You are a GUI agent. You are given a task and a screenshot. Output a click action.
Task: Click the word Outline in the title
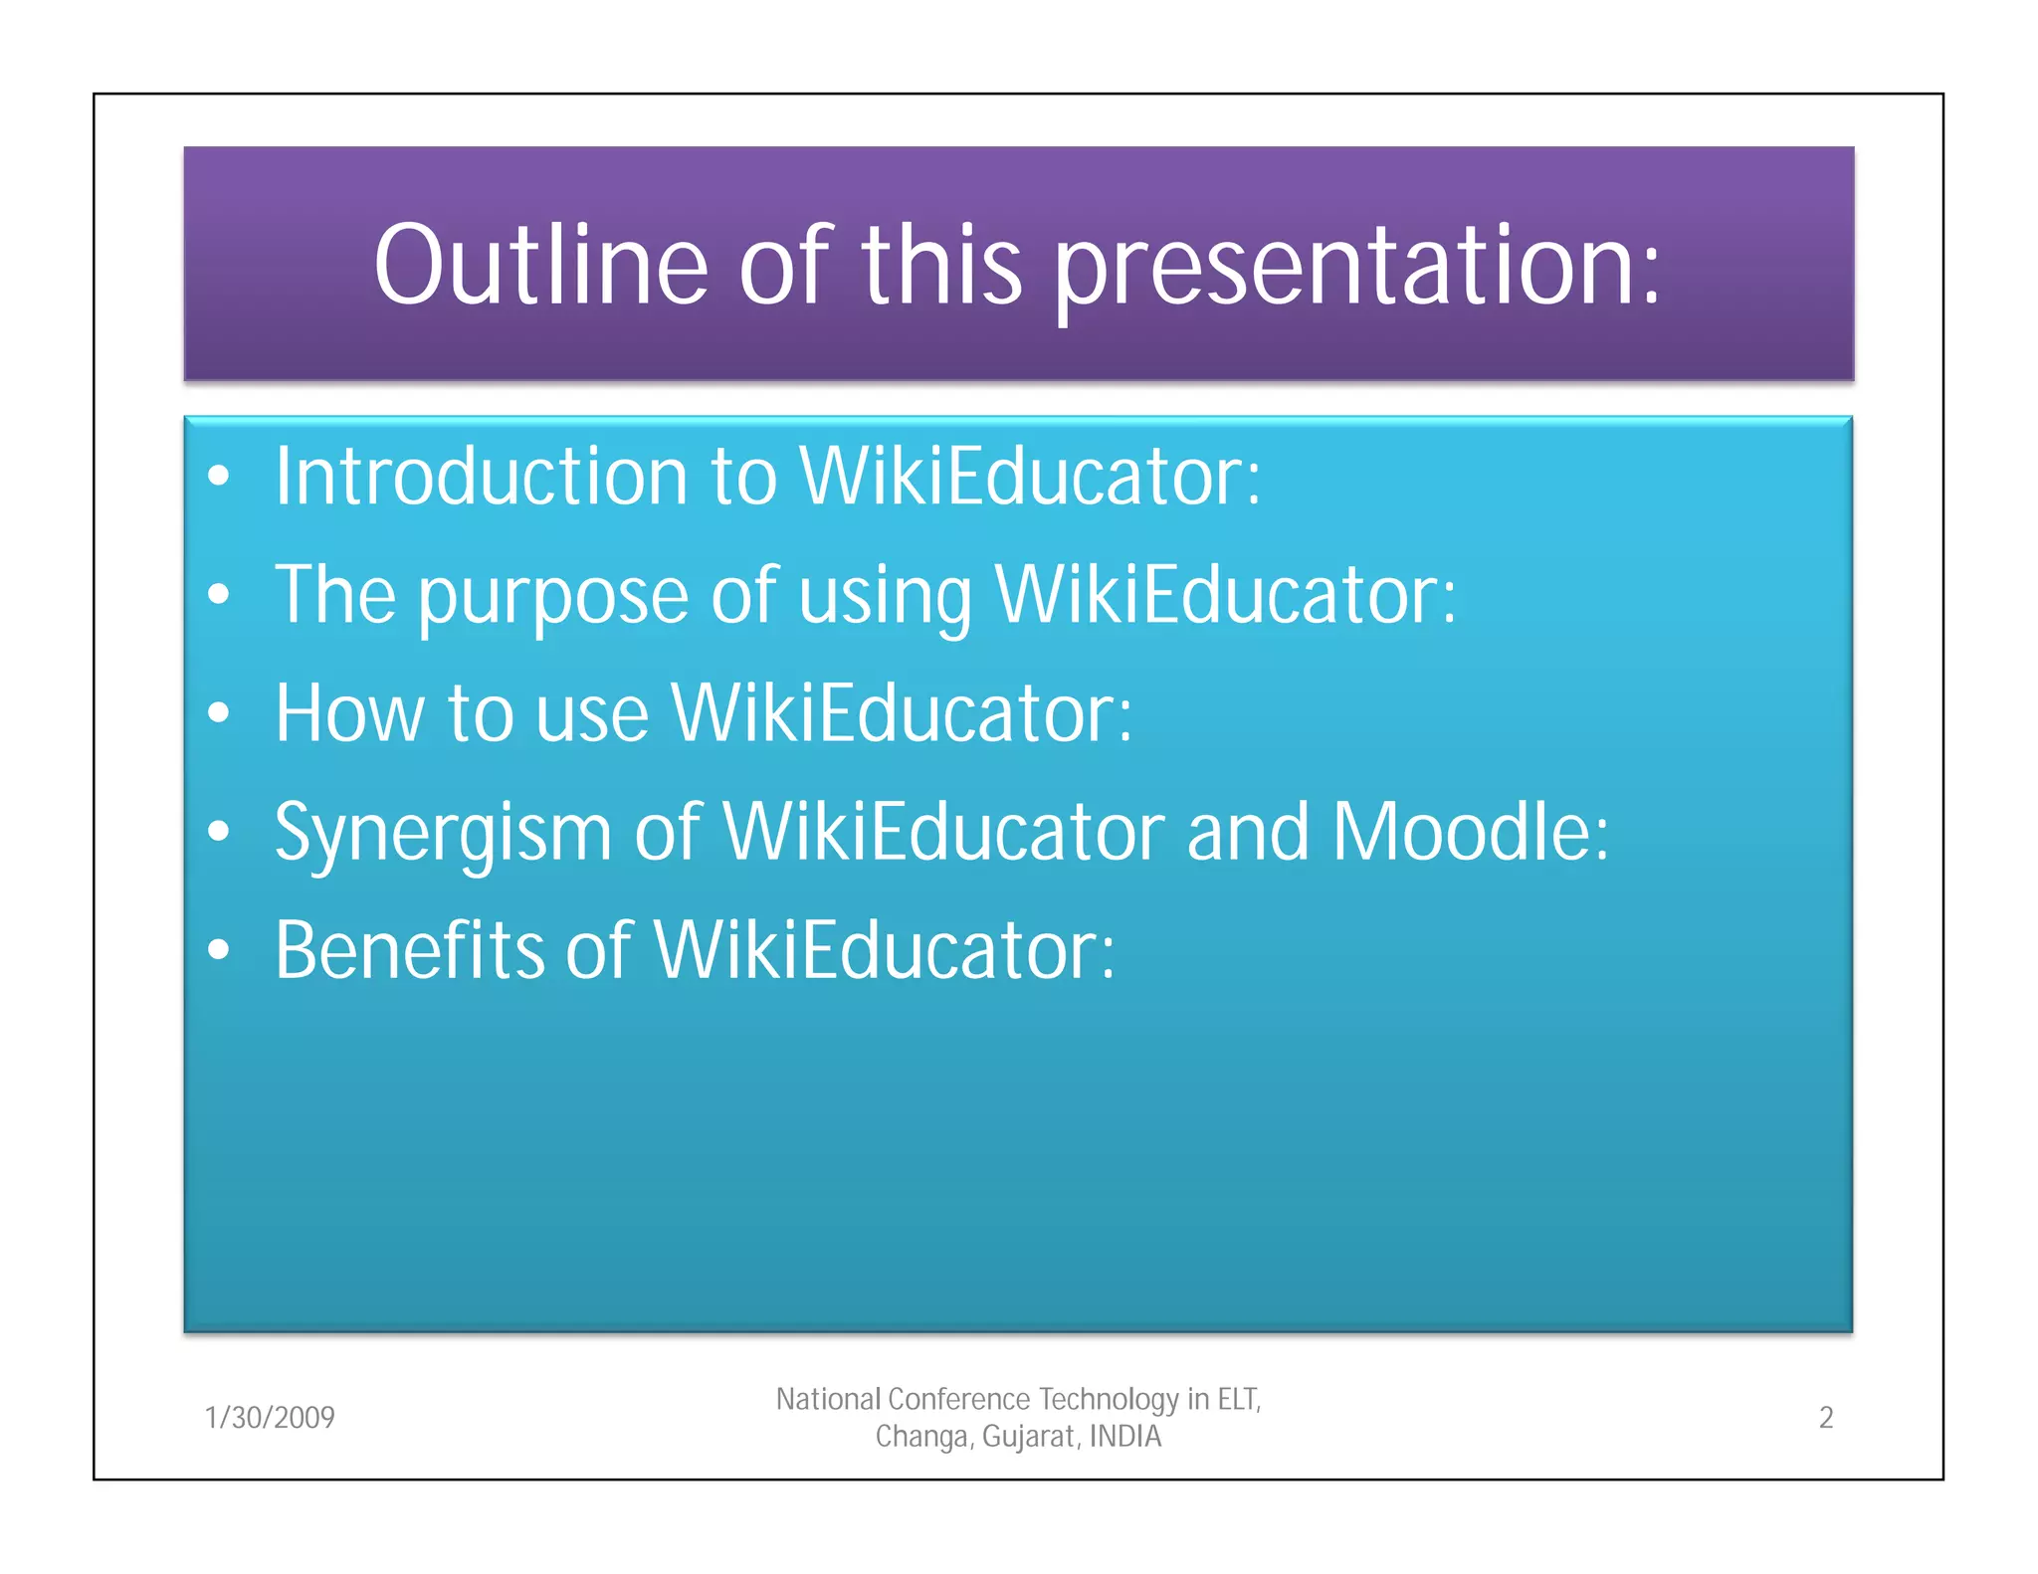[x=540, y=266]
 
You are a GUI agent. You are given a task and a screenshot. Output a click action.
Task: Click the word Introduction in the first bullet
[x=481, y=477]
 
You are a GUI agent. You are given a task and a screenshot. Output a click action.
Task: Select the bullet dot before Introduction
[x=219, y=477]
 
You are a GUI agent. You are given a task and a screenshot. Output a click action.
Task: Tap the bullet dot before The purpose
[x=219, y=595]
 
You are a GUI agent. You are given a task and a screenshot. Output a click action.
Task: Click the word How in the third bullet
[x=349, y=713]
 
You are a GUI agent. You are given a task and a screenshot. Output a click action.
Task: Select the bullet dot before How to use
[x=219, y=713]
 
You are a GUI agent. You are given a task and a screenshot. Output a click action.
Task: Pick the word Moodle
[x=1469, y=832]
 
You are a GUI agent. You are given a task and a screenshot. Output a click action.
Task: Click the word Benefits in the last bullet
[x=409, y=950]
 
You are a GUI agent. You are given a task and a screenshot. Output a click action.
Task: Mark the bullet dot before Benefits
[x=219, y=950]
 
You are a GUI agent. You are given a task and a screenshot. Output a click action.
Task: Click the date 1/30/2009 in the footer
[x=270, y=1417]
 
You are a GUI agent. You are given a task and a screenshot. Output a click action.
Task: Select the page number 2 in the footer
[x=1825, y=1417]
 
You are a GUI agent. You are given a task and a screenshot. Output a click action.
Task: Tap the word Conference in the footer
[x=958, y=1400]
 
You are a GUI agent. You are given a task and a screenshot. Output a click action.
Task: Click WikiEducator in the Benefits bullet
[x=884, y=950]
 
